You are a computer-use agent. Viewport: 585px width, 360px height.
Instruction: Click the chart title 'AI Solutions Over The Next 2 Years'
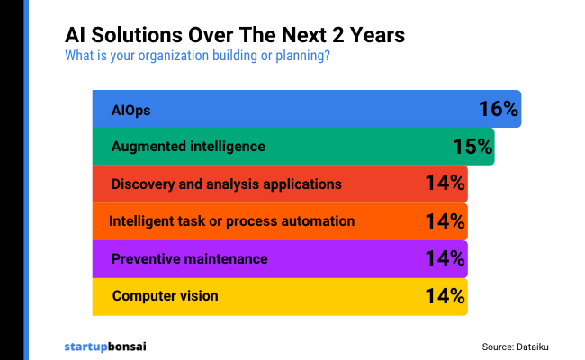click(x=234, y=35)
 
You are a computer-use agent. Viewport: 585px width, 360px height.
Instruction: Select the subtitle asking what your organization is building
click(x=197, y=57)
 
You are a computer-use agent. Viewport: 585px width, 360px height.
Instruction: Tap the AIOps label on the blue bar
click(x=130, y=110)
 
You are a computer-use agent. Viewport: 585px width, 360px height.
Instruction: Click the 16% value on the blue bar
click(x=499, y=110)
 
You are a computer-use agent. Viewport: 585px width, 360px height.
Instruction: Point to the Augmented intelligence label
click(x=188, y=147)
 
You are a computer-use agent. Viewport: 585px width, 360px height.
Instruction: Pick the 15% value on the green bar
click(x=472, y=147)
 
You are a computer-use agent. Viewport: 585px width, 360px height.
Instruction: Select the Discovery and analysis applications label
click(x=226, y=184)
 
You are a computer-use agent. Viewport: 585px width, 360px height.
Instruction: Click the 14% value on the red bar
click(x=445, y=184)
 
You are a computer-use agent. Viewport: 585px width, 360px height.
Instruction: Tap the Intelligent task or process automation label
click(x=231, y=221)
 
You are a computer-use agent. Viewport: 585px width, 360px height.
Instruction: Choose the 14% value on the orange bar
click(x=445, y=221)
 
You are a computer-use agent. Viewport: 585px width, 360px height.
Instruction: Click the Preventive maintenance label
click(x=189, y=258)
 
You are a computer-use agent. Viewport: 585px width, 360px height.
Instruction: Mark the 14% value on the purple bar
click(x=445, y=258)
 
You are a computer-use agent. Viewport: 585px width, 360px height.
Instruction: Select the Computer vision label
click(x=165, y=295)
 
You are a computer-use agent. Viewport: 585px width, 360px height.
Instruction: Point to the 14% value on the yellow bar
click(x=445, y=295)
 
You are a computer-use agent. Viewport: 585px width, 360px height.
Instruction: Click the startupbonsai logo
click(x=107, y=345)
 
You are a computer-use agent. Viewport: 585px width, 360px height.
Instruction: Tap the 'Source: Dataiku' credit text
click(x=521, y=345)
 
